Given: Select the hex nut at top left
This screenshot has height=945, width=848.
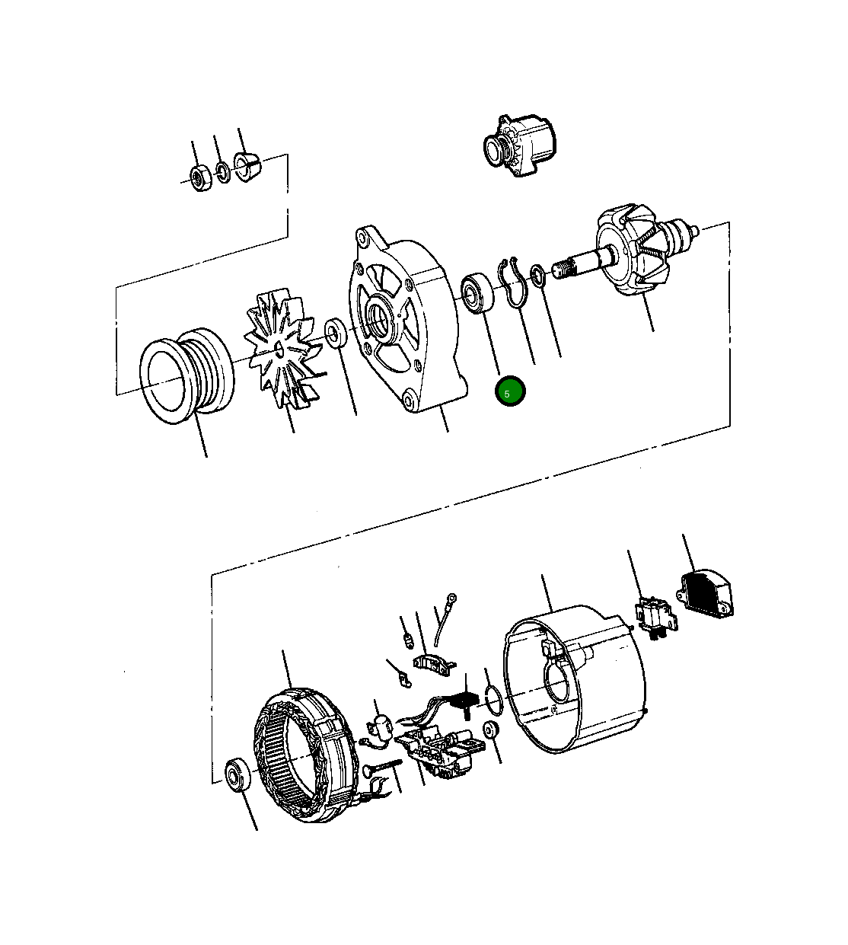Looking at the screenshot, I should pyautogui.click(x=200, y=178).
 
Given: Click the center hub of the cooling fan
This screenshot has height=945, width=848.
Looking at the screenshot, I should pyautogui.click(x=281, y=347).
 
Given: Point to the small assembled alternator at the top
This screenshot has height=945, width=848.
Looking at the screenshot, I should pyautogui.click(x=519, y=146).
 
